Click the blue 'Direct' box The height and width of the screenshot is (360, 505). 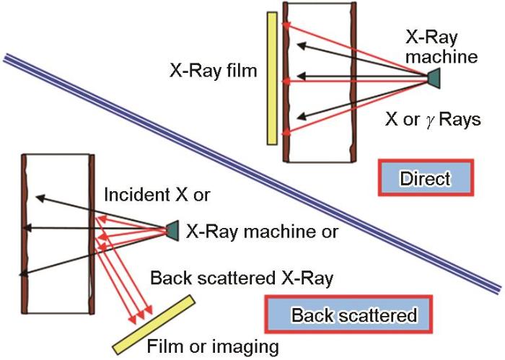425,178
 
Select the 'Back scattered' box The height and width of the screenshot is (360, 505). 353,315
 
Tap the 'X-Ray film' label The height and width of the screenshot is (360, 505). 213,71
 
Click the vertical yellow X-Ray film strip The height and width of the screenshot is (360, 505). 272,79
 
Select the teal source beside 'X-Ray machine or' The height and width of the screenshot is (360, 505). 172,230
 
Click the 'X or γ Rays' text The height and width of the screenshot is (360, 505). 432,120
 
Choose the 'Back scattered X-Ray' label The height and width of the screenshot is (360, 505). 241,277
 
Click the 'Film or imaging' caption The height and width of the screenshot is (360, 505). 213,346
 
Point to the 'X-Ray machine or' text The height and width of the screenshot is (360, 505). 262,232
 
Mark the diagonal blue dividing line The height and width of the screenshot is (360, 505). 252,173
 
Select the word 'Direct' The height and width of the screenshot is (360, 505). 425,178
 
